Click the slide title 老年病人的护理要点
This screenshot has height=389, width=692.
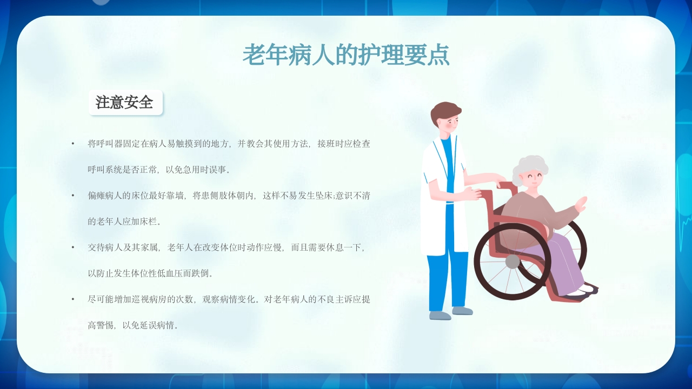pos(346,55)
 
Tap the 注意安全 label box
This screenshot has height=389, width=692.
pos(125,102)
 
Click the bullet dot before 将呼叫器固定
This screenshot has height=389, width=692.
pos(73,144)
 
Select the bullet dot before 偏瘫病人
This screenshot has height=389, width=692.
pos(73,195)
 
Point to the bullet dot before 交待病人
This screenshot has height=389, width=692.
pos(73,247)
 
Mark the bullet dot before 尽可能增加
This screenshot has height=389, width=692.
pos(73,299)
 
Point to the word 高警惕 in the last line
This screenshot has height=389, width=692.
pos(101,325)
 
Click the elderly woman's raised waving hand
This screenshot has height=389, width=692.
pos(581,204)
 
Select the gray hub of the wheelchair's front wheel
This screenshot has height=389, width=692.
pos(513,262)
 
